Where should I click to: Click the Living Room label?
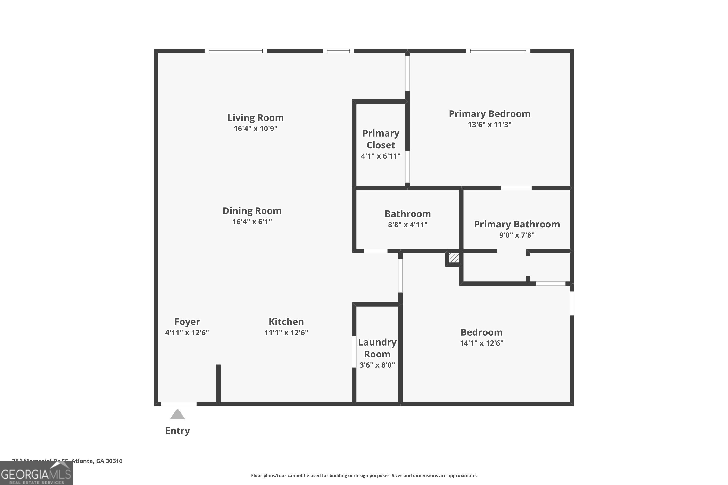point(255,118)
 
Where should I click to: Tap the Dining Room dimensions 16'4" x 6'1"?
point(252,221)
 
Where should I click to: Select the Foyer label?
point(187,322)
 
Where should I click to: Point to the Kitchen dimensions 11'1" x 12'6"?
point(286,332)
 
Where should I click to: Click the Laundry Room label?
point(377,348)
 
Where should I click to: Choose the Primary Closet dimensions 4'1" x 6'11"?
point(381,156)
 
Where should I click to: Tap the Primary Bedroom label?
point(489,114)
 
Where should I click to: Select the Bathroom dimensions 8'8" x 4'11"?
point(407,225)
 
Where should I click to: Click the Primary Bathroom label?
point(517,224)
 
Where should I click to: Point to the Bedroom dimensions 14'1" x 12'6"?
point(481,343)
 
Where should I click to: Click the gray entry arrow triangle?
point(177,414)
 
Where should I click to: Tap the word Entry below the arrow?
point(177,431)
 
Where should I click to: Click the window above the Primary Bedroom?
point(498,51)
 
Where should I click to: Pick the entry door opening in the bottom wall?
point(179,404)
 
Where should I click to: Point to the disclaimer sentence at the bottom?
point(364,475)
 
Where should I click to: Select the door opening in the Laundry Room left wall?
point(354,352)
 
